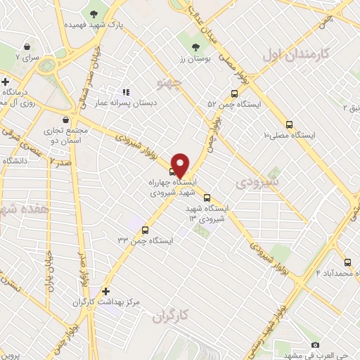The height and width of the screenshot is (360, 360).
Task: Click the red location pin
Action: pyautogui.click(x=180, y=165)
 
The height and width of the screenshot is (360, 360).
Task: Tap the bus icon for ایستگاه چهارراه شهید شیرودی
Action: pyautogui.click(x=173, y=171)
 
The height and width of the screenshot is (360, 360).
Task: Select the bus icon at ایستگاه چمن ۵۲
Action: pyautogui.click(x=235, y=94)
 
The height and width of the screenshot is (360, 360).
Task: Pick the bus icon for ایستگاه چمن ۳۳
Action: pyautogui.click(x=146, y=229)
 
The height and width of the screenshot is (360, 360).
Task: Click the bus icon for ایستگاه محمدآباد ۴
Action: pyautogui.click(x=347, y=261)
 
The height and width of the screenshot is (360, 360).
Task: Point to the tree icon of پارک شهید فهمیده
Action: pyautogui.click(x=94, y=13)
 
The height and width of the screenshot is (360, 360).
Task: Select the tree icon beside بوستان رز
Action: pyautogui.click(x=196, y=47)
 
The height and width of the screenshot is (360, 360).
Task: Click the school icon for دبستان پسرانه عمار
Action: pyautogui.click(x=126, y=92)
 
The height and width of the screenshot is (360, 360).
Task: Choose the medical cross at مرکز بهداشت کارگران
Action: pyautogui.click(x=106, y=290)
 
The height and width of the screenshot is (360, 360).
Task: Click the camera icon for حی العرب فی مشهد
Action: pyautogui.click(x=315, y=345)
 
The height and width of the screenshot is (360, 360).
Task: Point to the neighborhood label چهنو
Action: pyautogui.click(x=172, y=84)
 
